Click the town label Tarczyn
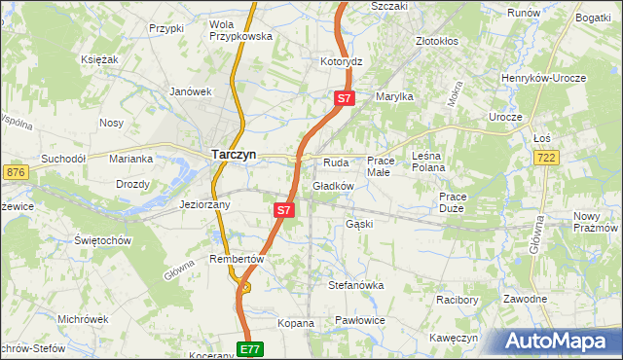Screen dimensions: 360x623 click(234, 153)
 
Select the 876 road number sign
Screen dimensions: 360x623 click(15, 172)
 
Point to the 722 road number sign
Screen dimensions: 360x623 click(546, 158)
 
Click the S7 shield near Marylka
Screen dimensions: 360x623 click(345, 98)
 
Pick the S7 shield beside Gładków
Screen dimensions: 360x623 click(282, 209)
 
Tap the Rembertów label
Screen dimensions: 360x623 click(238, 259)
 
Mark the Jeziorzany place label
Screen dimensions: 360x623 click(204, 204)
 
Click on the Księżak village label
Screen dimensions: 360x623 click(99, 59)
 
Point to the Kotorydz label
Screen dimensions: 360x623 click(341, 61)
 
